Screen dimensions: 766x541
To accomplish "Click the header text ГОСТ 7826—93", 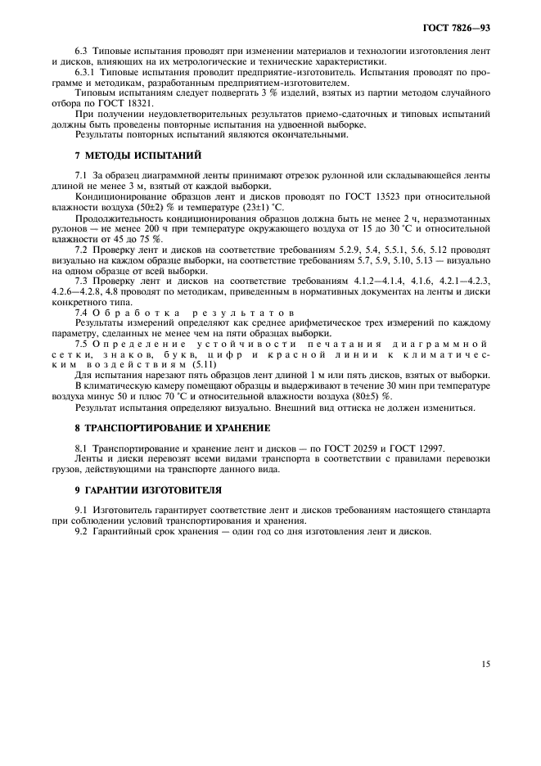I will pos(461,29).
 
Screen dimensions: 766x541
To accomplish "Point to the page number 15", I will pos(485,664).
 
